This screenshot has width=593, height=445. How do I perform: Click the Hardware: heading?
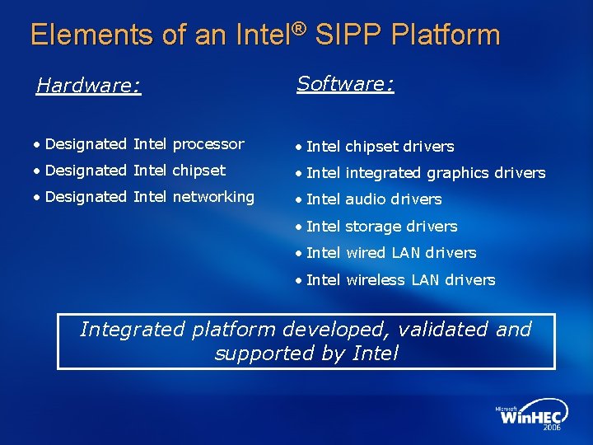[x=89, y=86]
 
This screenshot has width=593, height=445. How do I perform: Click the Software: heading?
[x=345, y=83]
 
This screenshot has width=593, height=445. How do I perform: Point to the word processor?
[x=208, y=144]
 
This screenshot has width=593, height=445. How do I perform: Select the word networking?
[x=213, y=197]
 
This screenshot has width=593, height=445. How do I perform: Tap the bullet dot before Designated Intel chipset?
[x=38, y=171]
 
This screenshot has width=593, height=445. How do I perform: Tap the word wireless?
[x=376, y=280]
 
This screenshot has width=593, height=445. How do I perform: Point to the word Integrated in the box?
[x=132, y=330]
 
